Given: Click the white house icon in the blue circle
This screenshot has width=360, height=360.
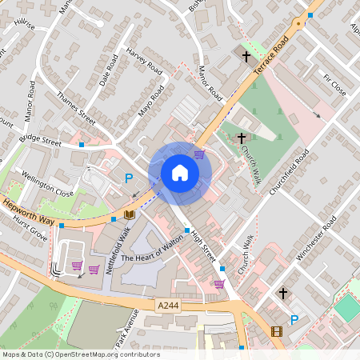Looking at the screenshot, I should (x=179, y=173).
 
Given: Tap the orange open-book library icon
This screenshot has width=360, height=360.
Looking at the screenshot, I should (x=129, y=215).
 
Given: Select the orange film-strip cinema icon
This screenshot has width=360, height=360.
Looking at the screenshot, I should (x=276, y=331).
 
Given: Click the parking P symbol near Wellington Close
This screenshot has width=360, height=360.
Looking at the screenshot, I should (x=128, y=180).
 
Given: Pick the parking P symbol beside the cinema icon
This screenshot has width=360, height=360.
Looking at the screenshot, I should (x=294, y=320).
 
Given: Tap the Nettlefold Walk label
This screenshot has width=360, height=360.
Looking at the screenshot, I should (x=118, y=251).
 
